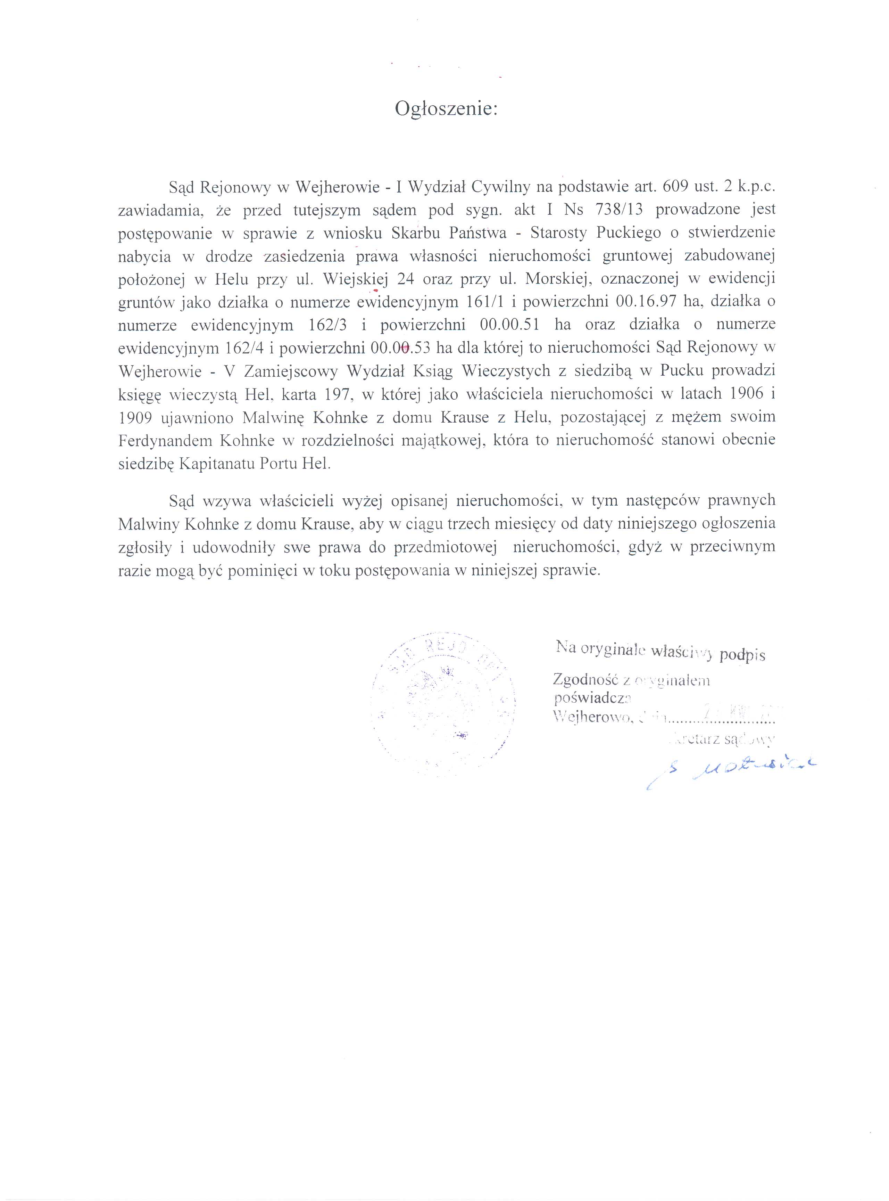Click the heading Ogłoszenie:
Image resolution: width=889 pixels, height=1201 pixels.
click(446, 109)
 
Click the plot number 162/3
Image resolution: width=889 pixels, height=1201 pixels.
click(330, 325)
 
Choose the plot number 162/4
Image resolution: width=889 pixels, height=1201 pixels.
click(243, 348)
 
